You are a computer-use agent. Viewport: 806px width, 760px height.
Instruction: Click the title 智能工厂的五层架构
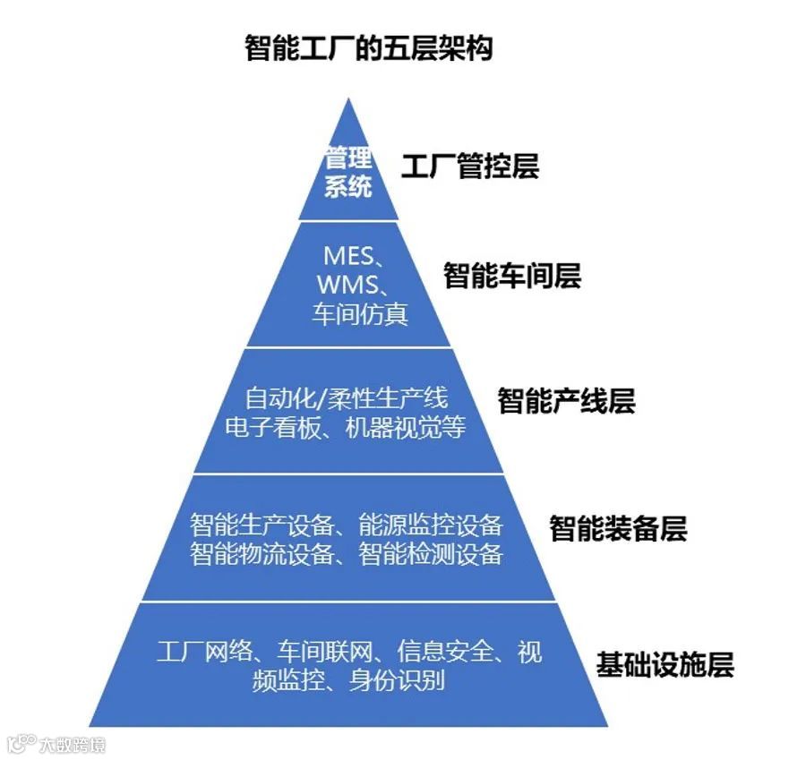(x=368, y=47)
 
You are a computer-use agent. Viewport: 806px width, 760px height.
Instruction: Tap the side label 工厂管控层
(x=469, y=167)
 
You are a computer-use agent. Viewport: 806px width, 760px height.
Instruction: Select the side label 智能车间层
(x=512, y=276)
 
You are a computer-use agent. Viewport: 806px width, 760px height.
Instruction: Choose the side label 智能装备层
(x=618, y=528)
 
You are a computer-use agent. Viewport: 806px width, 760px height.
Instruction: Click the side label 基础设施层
(x=665, y=665)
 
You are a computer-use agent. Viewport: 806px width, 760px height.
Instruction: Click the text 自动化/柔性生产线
(x=346, y=397)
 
